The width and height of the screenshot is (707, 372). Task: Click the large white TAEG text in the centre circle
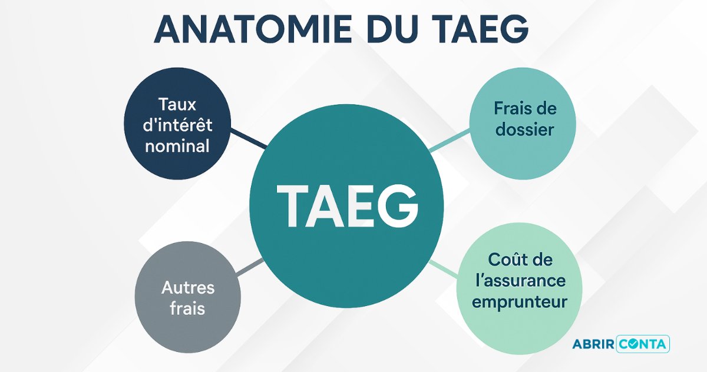pyautogui.click(x=348, y=206)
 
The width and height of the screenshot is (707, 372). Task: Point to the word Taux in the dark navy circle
pyautogui.click(x=177, y=104)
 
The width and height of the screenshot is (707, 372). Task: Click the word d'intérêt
pyautogui.click(x=177, y=125)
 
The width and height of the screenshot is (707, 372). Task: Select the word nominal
pyautogui.click(x=177, y=146)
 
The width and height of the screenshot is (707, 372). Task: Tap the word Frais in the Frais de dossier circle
pyautogui.click(x=510, y=108)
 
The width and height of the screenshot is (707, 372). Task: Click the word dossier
pyautogui.click(x=524, y=129)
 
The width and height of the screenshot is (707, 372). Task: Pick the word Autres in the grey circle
pyautogui.click(x=188, y=288)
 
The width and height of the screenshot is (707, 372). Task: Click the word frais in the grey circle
pyautogui.click(x=187, y=308)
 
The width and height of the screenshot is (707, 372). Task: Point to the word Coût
pyautogui.click(x=504, y=259)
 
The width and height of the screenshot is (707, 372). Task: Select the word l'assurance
pyautogui.click(x=520, y=281)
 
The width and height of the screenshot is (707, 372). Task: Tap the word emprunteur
pyautogui.click(x=520, y=302)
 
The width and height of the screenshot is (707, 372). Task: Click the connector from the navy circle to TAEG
pyautogui.click(x=249, y=138)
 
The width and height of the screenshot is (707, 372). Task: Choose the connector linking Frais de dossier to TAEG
pyautogui.click(x=450, y=141)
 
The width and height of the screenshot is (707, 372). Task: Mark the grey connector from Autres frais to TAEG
pyautogui.click(x=250, y=267)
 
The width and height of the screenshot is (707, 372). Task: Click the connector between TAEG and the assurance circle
pyautogui.click(x=444, y=270)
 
